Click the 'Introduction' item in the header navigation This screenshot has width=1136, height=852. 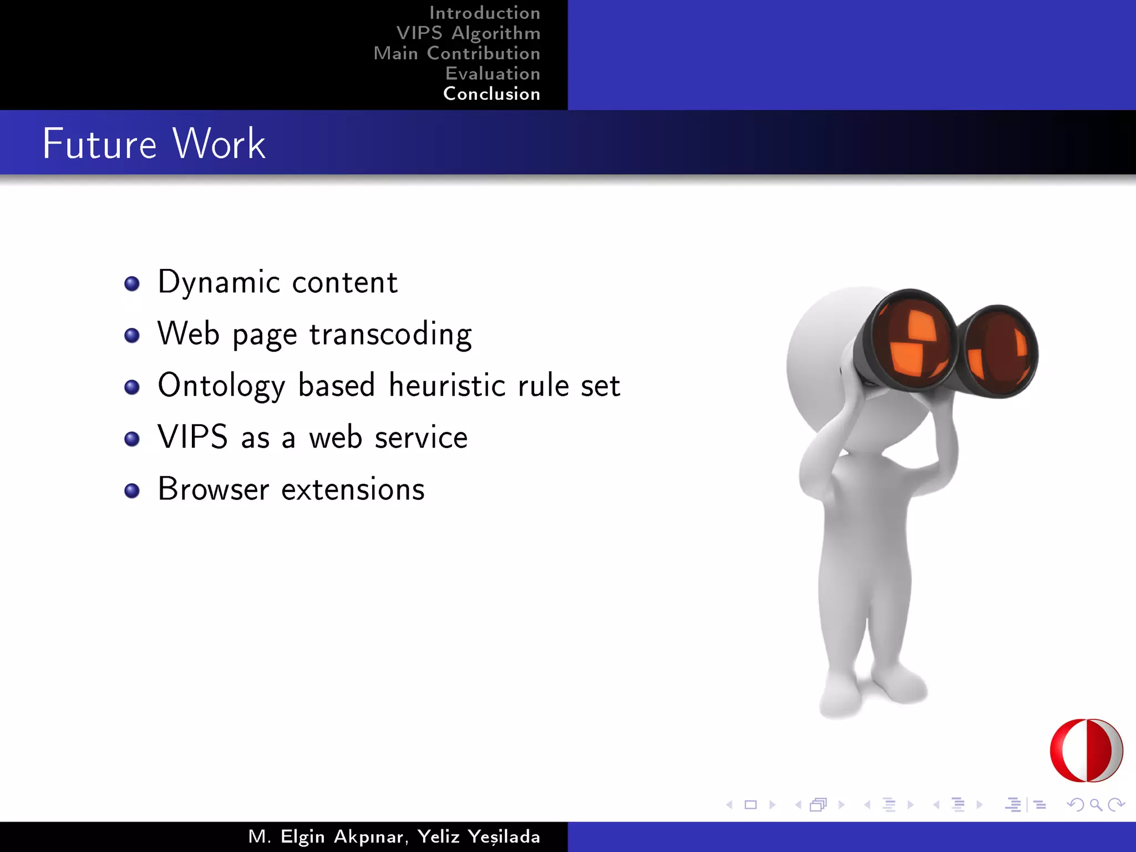click(x=484, y=13)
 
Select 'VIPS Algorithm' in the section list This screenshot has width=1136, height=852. click(x=468, y=33)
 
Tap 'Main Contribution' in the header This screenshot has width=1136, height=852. click(x=457, y=53)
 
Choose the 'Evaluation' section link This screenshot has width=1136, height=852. click(x=493, y=74)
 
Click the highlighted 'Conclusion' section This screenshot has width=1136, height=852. click(x=491, y=94)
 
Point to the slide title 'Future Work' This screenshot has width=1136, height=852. click(x=154, y=144)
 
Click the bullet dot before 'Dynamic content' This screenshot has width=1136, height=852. click(x=132, y=284)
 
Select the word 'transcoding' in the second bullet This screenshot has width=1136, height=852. click(x=390, y=334)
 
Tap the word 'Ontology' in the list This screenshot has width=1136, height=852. click(x=221, y=386)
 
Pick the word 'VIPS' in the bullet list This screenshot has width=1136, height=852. click(x=192, y=437)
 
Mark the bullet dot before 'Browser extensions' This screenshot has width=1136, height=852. click(x=132, y=490)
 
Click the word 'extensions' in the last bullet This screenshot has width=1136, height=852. click(x=353, y=489)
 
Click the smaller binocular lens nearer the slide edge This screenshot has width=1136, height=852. click(x=998, y=352)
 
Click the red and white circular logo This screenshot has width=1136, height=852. click(x=1086, y=750)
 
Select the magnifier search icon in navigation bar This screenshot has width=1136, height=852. click(x=1096, y=804)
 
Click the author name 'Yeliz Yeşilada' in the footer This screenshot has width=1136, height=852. click(x=479, y=836)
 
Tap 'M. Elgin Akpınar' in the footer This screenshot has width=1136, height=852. click(x=326, y=836)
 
